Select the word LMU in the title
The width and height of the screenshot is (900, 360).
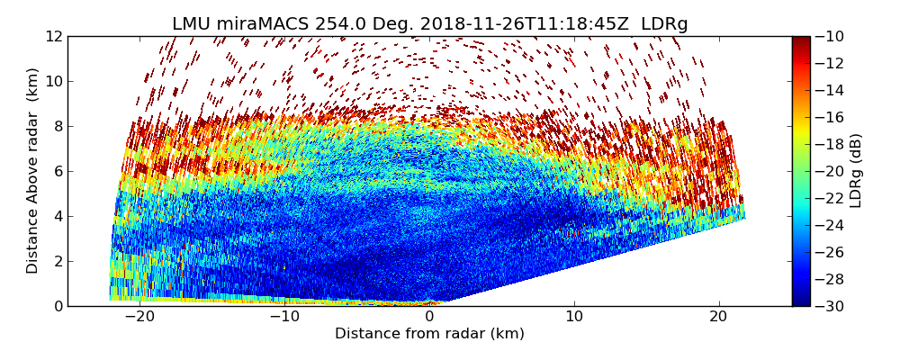tap(192, 24)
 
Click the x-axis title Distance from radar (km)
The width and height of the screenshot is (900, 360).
tap(429, 334)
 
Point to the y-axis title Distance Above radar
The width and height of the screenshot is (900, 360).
tap(32, 171)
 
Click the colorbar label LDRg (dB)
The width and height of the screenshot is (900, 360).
tap(856, 171)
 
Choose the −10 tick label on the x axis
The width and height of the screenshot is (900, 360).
tap(284, 318)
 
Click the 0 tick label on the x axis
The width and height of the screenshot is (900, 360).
tap(429, 318)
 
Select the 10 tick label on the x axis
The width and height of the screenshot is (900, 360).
tap(574, 318)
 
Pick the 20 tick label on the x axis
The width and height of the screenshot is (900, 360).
tap(719, 318)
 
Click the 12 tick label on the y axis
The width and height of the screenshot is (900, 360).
tap(53, 36)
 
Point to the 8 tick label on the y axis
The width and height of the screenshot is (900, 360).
tap(57, 126)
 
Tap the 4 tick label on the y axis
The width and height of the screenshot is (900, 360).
tap(57, 216)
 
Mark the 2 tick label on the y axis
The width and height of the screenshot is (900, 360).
tap(57, 261)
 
